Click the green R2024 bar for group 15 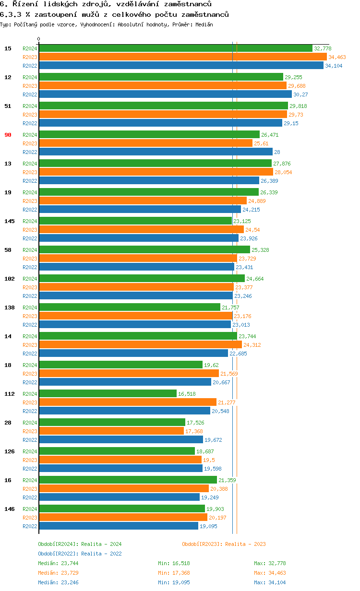click(x=175, y=48)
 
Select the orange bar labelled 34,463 click(x=182, y=57)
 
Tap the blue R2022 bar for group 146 click(x=119, y=526)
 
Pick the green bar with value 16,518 click(x=108, y=394)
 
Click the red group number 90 click(x=8, y=135)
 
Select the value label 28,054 click(x=283, y=172)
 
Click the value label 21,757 click(x=230, y=307)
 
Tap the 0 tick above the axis click(x=39, y=39)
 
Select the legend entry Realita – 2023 click(x=224, y=544)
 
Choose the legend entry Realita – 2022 click(x=80, y=554)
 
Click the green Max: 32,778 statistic click(x=270, y=563)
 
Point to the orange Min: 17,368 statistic click(x=174, y=573)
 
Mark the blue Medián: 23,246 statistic click(x=55, y=582)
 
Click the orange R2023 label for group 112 click(x=30, y=402)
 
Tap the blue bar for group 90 click(x=156, y=152)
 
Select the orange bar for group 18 click(x=129, y=374)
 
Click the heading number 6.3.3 click(x=10, y=14)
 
